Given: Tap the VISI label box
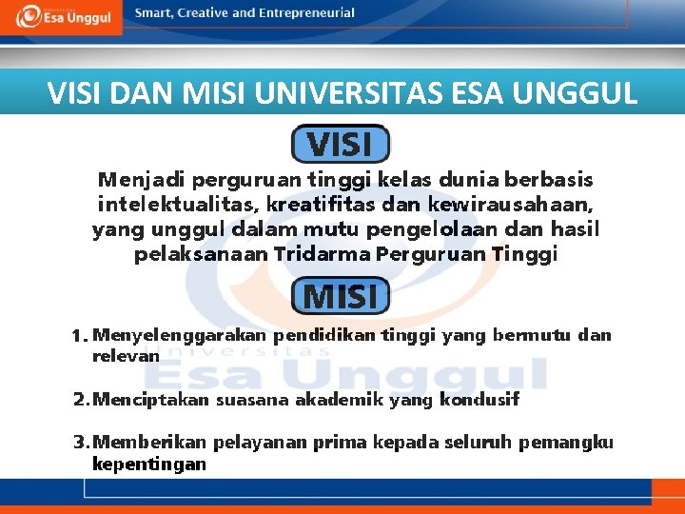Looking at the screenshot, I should pos(340,145).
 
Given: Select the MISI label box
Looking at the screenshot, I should pos(340,296).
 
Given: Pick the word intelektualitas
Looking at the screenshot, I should pos(177,205).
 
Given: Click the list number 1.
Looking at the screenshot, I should pos(79,337).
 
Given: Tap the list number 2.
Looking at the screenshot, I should pos(81,400).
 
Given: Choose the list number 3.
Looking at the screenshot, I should pos(81,443).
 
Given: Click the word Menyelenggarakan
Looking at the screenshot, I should pos(181,335).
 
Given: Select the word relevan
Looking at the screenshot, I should pos(126,355).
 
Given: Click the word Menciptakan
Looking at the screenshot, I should pos(151,400).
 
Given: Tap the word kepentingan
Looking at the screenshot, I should pos(148,464).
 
